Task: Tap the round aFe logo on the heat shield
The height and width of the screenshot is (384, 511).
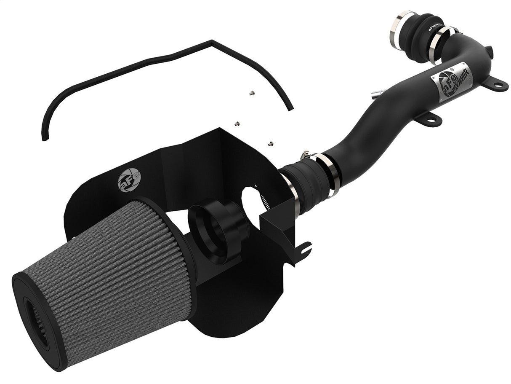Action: (x=129, y=180)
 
